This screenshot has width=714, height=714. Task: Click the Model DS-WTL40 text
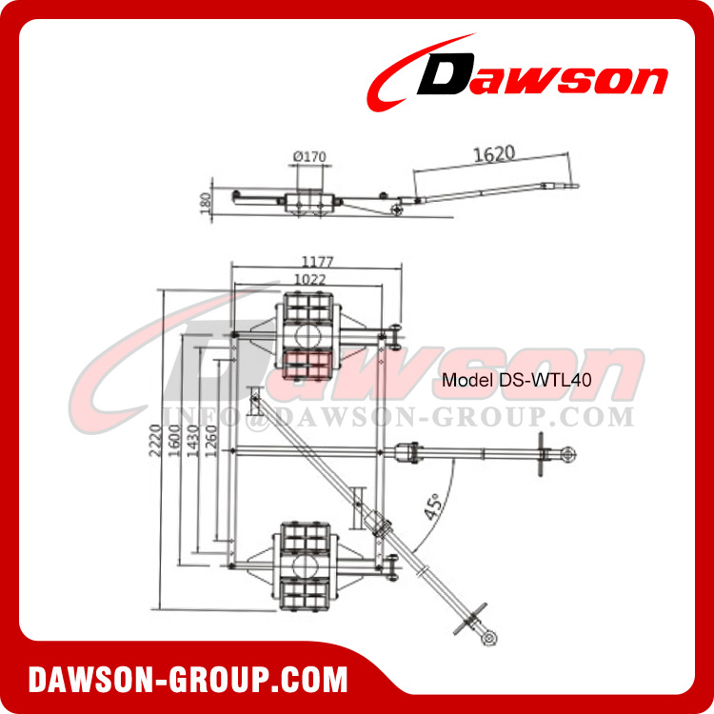pos(517,379)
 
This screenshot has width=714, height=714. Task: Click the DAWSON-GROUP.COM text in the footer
pos(188,681)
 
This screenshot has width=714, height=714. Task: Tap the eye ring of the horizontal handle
pos(567,450)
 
